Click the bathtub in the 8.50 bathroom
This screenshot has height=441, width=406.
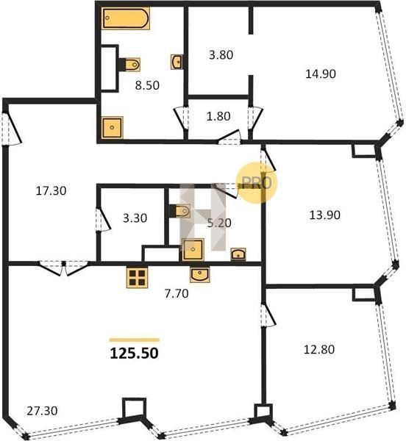[126, 18]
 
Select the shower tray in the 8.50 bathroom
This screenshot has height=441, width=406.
[113, 128]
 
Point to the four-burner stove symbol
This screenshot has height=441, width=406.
[137, 277]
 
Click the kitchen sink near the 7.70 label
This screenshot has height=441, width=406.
[200, 274]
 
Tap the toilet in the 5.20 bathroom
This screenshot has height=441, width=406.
[181, 211]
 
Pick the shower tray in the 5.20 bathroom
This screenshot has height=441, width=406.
[193, 249]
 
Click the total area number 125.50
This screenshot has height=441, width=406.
[134, 354]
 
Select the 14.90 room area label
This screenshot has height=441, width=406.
[321, 74]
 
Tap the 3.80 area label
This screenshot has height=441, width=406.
[221, 55]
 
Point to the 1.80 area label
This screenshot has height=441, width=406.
[218, 116]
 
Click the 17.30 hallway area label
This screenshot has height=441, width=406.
[51, 191]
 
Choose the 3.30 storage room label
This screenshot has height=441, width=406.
[135, 218]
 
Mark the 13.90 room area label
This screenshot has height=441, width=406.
[324, 215]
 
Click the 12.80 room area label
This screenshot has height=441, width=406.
[319, 350]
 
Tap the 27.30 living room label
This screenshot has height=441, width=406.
[42, 411]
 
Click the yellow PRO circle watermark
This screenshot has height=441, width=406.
[257, 183]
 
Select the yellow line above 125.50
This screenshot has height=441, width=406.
[134, 340]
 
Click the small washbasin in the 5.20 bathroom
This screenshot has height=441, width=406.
[238, 254]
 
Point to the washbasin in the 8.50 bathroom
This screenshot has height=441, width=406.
[177, 62]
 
